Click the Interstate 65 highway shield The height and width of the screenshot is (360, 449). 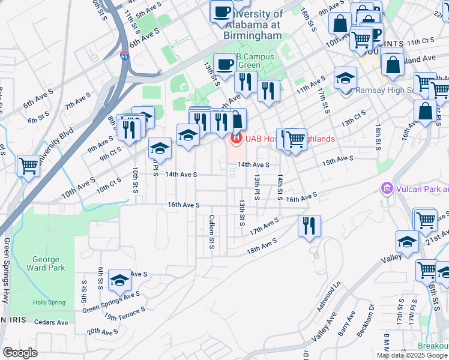tap(124, 56)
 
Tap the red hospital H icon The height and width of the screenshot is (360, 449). tap(237, 139)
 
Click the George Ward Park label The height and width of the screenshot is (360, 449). tap(46, 264)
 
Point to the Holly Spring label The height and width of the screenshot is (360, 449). tap(48, 303)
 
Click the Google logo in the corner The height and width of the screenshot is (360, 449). tap(20, 353)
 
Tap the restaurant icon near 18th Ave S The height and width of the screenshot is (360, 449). tap(310, 226)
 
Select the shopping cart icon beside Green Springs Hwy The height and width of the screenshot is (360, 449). tap(28, 166)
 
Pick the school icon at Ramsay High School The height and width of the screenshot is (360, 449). tap(346, 78)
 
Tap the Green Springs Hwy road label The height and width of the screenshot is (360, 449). tap(7, 270)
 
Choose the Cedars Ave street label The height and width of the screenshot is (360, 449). tap(52, 322)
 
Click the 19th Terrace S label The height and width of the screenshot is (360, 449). tap(124, 313)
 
